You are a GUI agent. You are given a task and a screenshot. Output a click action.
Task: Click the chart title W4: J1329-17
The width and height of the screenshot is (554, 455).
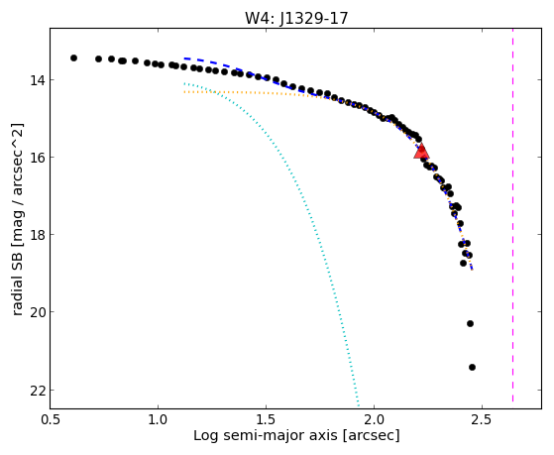[x=296, y=18]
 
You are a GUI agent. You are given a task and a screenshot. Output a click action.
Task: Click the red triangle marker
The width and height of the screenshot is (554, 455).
[x=421, y=152]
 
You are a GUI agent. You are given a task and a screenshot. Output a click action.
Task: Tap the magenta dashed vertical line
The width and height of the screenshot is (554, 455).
[x=512, y=215]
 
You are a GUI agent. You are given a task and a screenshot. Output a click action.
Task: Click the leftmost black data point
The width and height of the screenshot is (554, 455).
[x=73, y=57]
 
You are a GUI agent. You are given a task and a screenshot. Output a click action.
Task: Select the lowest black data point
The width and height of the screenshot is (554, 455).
[x=472, y=368]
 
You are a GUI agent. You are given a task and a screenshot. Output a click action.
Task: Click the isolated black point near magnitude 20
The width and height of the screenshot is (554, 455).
[x=470, y=323]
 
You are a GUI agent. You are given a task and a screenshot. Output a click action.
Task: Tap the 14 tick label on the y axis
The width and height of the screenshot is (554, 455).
[x=38, y=80]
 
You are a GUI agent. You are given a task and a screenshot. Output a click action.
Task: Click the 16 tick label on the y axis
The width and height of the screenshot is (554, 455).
[x=38, y=158]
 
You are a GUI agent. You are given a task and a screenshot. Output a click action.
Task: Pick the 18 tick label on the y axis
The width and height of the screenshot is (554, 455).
[x=38, y=234]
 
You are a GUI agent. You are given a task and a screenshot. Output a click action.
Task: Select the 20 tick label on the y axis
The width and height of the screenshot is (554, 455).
[x=38, y=312]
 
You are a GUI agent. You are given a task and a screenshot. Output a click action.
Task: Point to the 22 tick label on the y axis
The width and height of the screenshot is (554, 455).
[x=38, y=391]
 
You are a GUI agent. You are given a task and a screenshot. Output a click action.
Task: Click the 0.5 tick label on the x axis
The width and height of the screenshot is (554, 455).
[x=51, y=419]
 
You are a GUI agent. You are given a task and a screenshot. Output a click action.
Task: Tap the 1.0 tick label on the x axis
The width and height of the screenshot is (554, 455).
[x=159, y=419]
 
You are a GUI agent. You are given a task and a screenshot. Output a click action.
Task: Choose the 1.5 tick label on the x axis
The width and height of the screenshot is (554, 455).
[x=266, y=419]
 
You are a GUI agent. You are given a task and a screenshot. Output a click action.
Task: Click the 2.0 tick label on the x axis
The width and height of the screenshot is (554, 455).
[x=375, y=419]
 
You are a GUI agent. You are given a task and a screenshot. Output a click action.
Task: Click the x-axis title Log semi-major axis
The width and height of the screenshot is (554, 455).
[x=266, y=435]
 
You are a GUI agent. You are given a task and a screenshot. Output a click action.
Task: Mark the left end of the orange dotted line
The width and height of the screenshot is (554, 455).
[x=184, y=92]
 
